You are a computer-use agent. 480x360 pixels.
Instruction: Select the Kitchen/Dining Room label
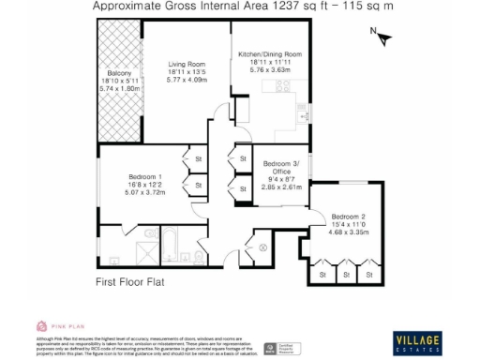270,55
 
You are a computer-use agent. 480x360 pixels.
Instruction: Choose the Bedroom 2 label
347,216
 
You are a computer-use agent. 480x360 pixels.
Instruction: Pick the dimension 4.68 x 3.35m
347,232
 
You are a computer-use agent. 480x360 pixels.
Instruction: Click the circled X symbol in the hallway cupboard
263,247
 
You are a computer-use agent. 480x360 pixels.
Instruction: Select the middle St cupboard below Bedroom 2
346,275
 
